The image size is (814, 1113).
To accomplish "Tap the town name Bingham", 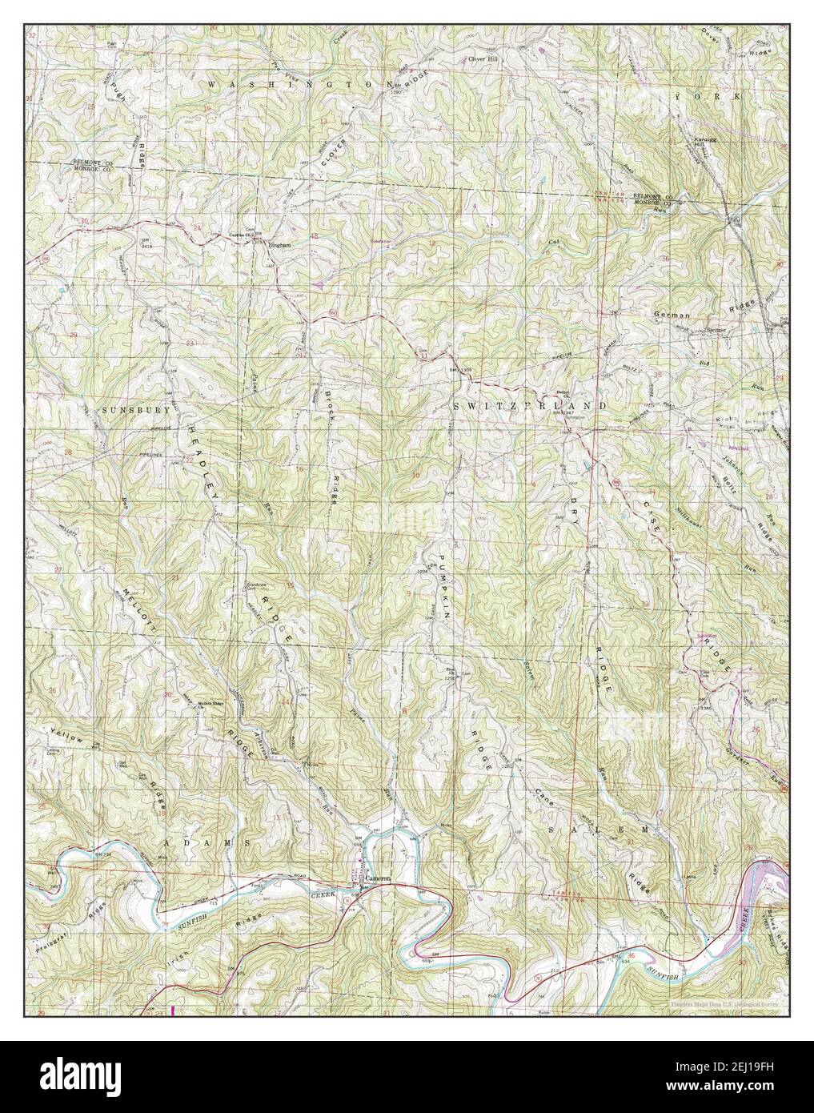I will pyautogui.click(x=269, y=246).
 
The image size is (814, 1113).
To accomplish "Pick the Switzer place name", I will pyautogui.click(x=715, y=329).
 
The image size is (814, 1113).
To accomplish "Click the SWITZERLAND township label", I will pyautogui.click(x=530, y=407).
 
